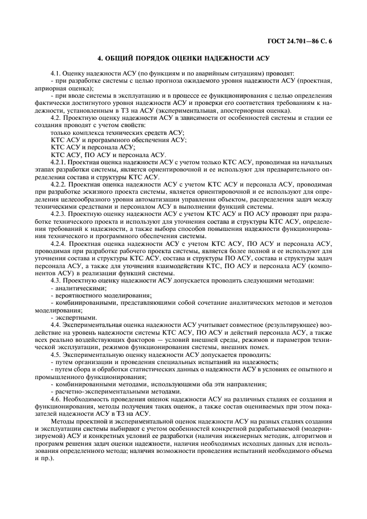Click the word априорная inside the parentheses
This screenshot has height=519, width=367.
coord(50,88)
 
